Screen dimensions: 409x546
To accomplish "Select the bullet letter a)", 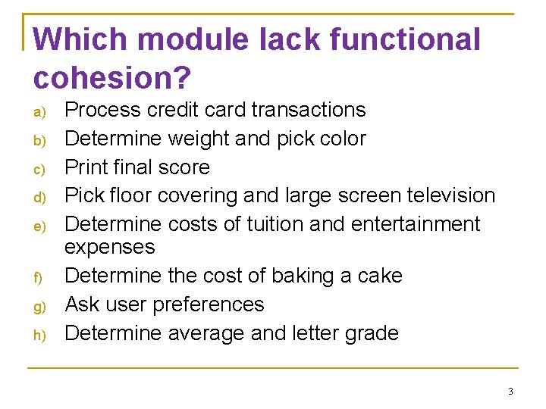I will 39,112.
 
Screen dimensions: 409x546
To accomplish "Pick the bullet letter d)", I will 39,198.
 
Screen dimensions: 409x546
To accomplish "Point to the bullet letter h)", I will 39,336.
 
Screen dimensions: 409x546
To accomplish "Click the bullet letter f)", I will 39,278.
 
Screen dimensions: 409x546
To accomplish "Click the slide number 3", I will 510,392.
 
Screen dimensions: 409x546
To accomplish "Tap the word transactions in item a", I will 309,110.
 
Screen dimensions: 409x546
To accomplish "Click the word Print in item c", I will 88,167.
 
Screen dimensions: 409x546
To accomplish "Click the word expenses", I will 110,248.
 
